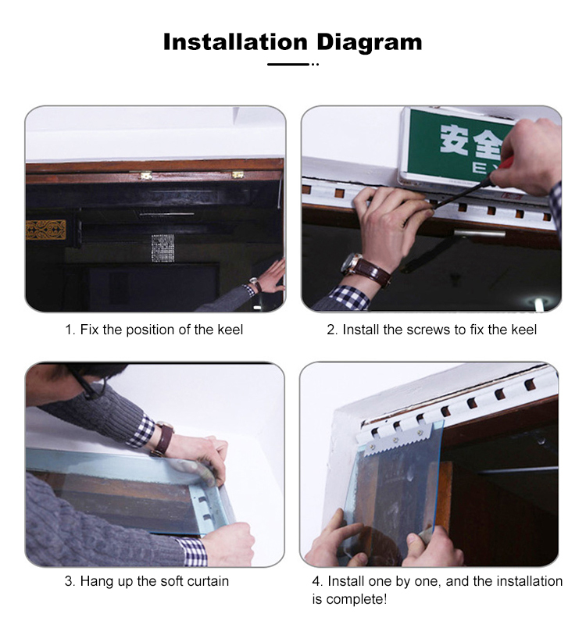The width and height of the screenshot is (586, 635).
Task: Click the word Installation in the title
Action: click(235, 41)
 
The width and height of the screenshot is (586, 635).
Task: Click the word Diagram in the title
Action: click(368, 41)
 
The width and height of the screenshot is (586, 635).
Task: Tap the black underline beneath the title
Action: click(289, 64)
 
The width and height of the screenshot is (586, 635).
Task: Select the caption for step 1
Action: click(154, 330)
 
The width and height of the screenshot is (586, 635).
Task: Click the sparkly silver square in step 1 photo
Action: click(163, 248)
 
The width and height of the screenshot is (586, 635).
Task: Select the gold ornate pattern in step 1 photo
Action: click(46, 230)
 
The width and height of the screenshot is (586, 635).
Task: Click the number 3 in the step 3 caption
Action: click(68, 581)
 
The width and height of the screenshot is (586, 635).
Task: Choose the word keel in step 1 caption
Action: click(230, 330)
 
